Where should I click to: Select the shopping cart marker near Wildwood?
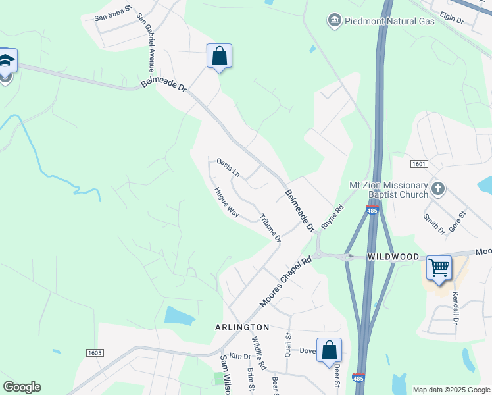coord(439,268)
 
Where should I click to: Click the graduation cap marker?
coord(6,61)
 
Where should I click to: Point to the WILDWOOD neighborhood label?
coord(393,255)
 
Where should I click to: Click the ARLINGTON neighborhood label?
coord(242,327)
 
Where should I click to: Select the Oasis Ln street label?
coord(228,168)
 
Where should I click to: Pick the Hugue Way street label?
coord(226,203)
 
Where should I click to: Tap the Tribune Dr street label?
coord(270,228)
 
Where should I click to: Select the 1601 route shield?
coord(418,163)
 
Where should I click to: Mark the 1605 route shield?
coord(95,354)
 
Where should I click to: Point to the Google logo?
coord(22,387)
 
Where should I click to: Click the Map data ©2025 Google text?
coord(451,390)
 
